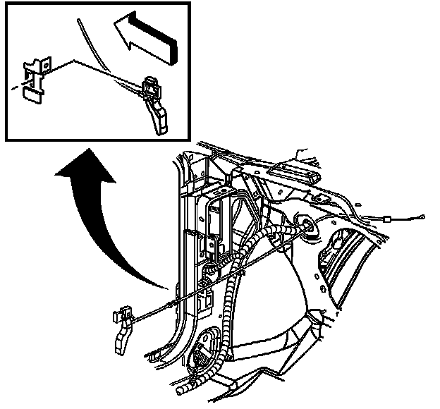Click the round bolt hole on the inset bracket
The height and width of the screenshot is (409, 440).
44,64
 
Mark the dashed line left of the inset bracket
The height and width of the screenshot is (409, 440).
16,88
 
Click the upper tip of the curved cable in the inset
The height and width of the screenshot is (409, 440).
79,22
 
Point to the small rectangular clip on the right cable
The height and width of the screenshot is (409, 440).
389,221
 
